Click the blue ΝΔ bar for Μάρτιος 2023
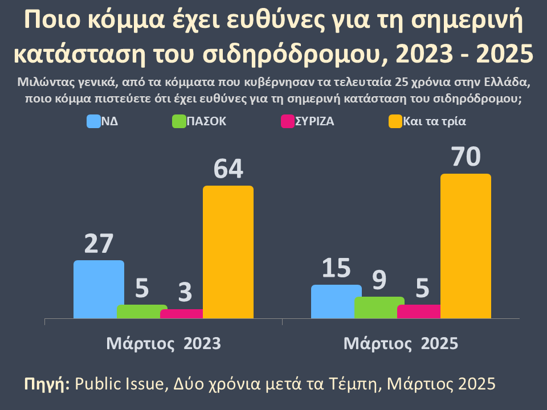click(99, 289)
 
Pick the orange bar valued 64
click(228, 252)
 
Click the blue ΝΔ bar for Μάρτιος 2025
click(336, 301)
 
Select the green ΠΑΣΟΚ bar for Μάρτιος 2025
click(379, 307)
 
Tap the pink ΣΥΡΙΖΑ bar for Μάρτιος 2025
click(419, 311)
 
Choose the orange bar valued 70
click(466, 246)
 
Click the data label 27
click(99, 244)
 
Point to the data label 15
click(336, 268)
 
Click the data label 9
click(379, 280)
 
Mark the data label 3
click(185, 293)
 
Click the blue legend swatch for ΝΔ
click(93, 121)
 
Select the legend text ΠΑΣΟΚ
click(206, 121)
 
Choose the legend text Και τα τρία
click(435, 121)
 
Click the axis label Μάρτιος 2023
click(164, 344)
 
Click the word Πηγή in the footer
click(46, 383)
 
